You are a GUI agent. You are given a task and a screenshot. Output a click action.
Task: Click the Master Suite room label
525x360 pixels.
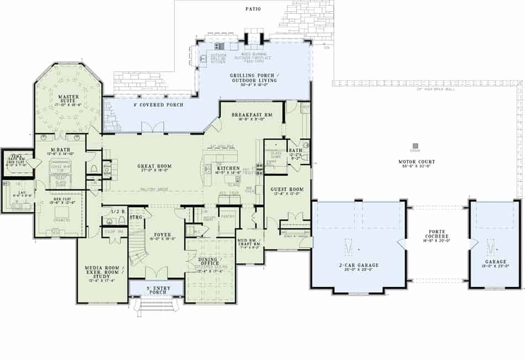[x=69, y=100]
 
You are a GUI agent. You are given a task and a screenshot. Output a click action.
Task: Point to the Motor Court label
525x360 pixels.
[x=417, y=162]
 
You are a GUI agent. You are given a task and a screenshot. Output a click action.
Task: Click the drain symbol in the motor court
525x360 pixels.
[x=415, y=146]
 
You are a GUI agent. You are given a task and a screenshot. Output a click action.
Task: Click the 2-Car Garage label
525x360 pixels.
[x=359, y=265]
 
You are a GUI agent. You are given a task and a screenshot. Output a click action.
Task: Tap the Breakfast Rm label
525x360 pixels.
[x=253, y=114]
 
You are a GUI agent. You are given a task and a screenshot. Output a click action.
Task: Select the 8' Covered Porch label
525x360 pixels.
[x=159, y=105]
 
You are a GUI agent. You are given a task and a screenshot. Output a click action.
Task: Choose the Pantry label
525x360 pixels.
[x=227, y=217]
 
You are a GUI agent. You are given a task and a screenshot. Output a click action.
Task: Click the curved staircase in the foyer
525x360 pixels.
[x=139, y=249]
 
